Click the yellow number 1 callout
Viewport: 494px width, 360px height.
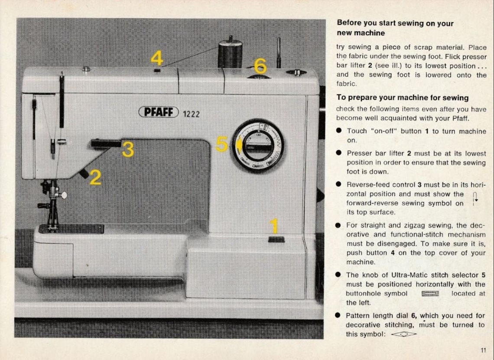(x=274, y=226)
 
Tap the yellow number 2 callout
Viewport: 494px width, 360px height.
(x=95, y=177)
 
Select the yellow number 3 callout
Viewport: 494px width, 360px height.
(x=128, y=149)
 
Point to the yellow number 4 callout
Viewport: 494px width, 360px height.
(x=156, y=58)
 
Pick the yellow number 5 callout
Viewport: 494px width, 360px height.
(x=221, y=144)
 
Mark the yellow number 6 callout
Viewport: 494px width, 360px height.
(x=260, y=66)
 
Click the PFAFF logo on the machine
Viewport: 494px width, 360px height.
(x=159, y=112)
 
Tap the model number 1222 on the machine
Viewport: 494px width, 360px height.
(x=191, y=114)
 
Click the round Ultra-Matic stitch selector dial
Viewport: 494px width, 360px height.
(x=258, y=146)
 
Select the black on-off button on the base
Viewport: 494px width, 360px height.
(x=276, y=240)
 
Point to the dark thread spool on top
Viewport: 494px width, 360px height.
(x=230, y=54)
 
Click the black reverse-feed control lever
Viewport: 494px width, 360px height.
(x=106, y=143)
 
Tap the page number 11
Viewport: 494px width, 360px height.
(x=483, y=350)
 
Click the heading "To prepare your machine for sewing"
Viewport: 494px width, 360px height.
(x=403, y=98)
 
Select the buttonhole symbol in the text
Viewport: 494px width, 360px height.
(x=430, y=294)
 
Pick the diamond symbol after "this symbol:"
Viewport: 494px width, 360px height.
(x=403, y=334)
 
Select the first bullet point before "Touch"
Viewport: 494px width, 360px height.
(x=340, y=131)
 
